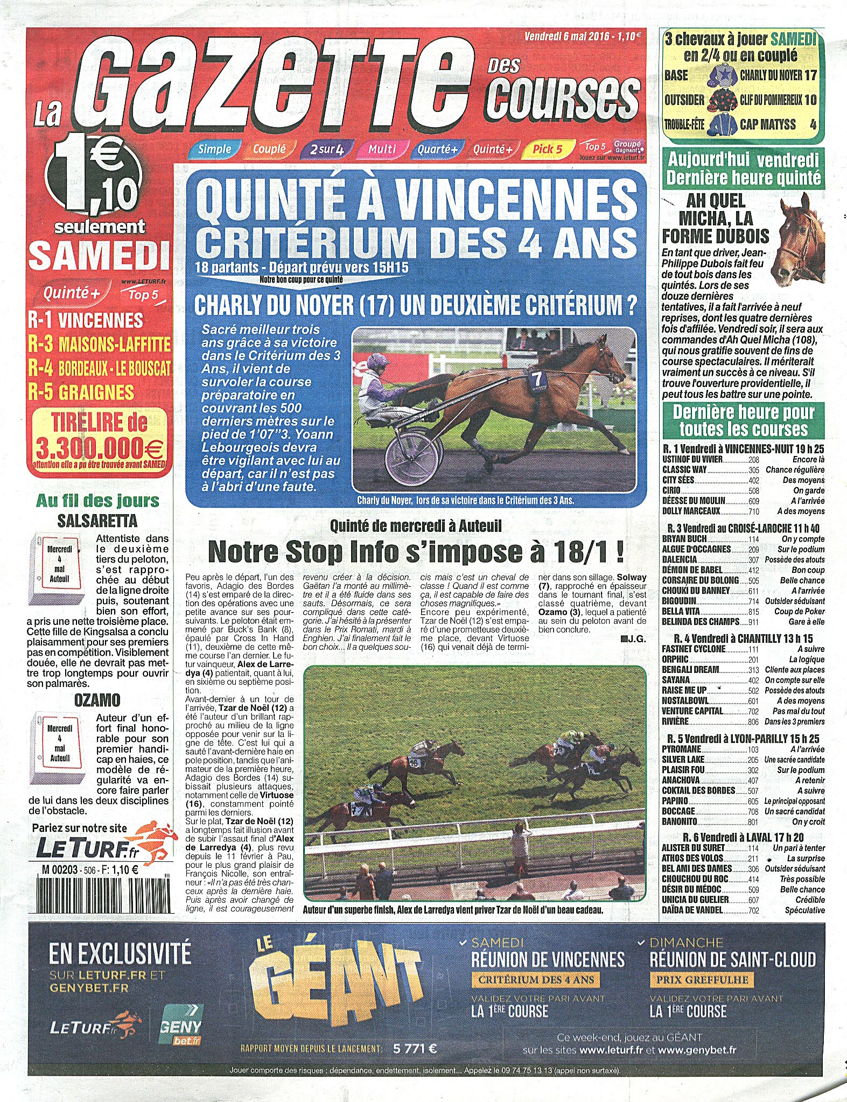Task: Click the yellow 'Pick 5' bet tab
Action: (547, 149)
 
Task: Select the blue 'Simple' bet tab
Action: (214, 149)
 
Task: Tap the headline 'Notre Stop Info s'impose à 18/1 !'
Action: (416, 551)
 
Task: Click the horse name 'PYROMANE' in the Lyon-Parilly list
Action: (681, 749)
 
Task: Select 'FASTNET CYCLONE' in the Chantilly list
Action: (694, 649)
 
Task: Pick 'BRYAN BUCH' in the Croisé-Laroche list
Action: (684, 538)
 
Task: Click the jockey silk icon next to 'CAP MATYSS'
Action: (722, 124)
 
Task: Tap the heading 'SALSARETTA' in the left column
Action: (97, 521)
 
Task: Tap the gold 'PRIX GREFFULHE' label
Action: (702, 979)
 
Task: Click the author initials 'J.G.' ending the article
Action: (634, 639)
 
